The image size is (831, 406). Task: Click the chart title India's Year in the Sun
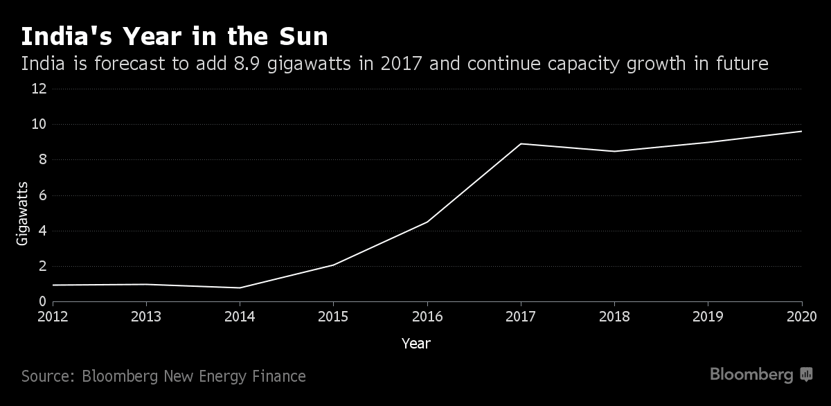pos(175,37)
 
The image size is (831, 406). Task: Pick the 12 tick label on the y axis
pos(39,89)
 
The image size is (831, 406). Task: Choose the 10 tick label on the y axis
pos(39,125)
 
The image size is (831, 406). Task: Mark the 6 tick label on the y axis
pos(42,195)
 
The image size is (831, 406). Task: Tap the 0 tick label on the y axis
pos(42,301)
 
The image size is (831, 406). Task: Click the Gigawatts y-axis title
pos(22,213)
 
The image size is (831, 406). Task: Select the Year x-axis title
pos(415,343)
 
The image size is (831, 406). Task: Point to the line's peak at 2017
pos(520,143)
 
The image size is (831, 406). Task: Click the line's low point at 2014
pos(240,288)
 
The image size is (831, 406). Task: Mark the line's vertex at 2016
pos(427,222)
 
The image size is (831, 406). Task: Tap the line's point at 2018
pos(614,151)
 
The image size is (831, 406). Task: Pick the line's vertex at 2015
pos(333,265)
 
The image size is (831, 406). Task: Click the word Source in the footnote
pos(47,376)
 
